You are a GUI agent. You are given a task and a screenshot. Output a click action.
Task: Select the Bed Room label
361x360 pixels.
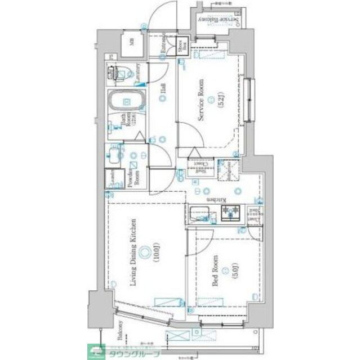click(216, 272)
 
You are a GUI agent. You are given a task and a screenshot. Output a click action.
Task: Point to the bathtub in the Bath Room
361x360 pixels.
click(126, 102)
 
